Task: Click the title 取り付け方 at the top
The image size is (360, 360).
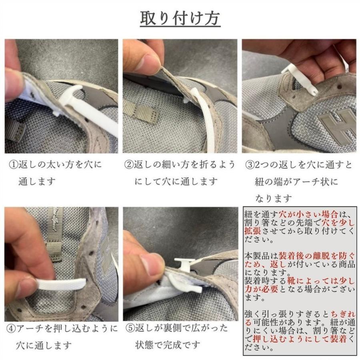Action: coord(180,18)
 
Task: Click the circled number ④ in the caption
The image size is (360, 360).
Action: coord(11,329)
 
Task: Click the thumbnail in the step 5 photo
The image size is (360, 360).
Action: coord(152,264)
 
